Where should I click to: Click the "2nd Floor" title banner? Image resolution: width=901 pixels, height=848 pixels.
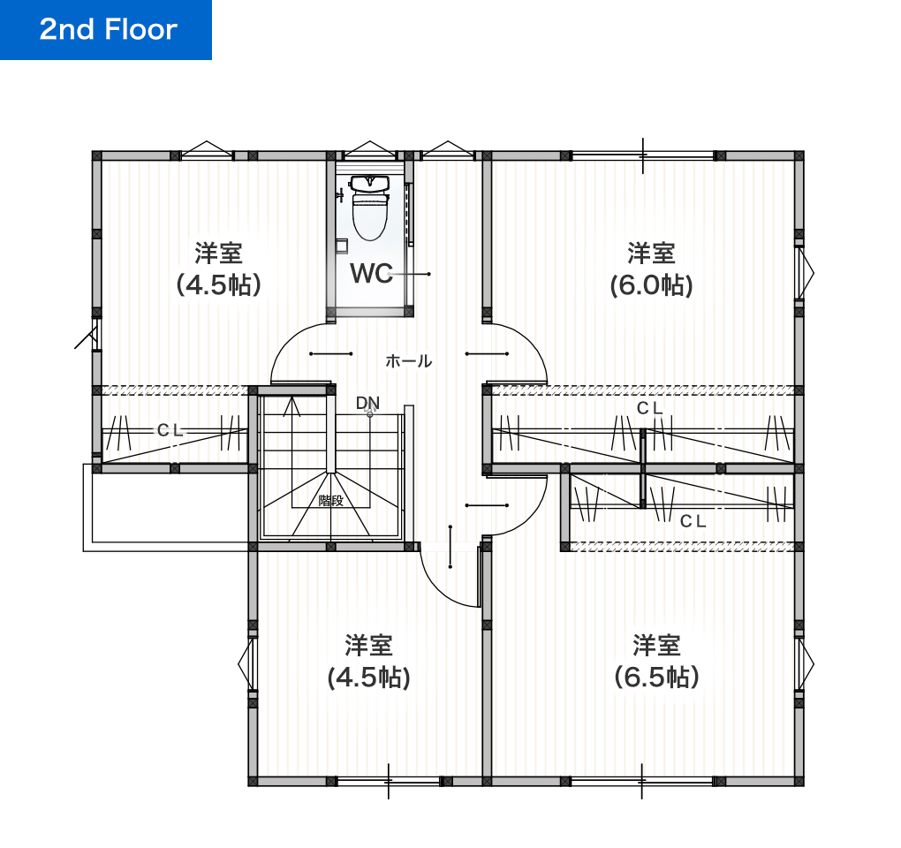106,30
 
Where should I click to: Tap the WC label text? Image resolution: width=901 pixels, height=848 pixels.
371,274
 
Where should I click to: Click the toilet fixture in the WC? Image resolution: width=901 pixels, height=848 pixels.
369,207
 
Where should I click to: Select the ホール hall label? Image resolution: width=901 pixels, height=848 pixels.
409,361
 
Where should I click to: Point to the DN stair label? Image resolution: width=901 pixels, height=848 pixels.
367,403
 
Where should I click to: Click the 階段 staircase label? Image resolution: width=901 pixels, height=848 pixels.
330,501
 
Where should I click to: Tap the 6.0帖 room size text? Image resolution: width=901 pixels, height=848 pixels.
651,285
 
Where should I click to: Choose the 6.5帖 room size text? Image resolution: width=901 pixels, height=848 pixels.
656,678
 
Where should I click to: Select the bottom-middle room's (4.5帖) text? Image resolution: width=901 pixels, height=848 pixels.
368,678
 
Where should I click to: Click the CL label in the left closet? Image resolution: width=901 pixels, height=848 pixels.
170,430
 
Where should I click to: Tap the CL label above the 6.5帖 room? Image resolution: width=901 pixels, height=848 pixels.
693,521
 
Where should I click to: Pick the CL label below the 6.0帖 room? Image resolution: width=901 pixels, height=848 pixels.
649,408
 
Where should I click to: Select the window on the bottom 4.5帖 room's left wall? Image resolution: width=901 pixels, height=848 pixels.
247,664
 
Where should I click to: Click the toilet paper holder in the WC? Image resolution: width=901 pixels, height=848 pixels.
342,246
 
